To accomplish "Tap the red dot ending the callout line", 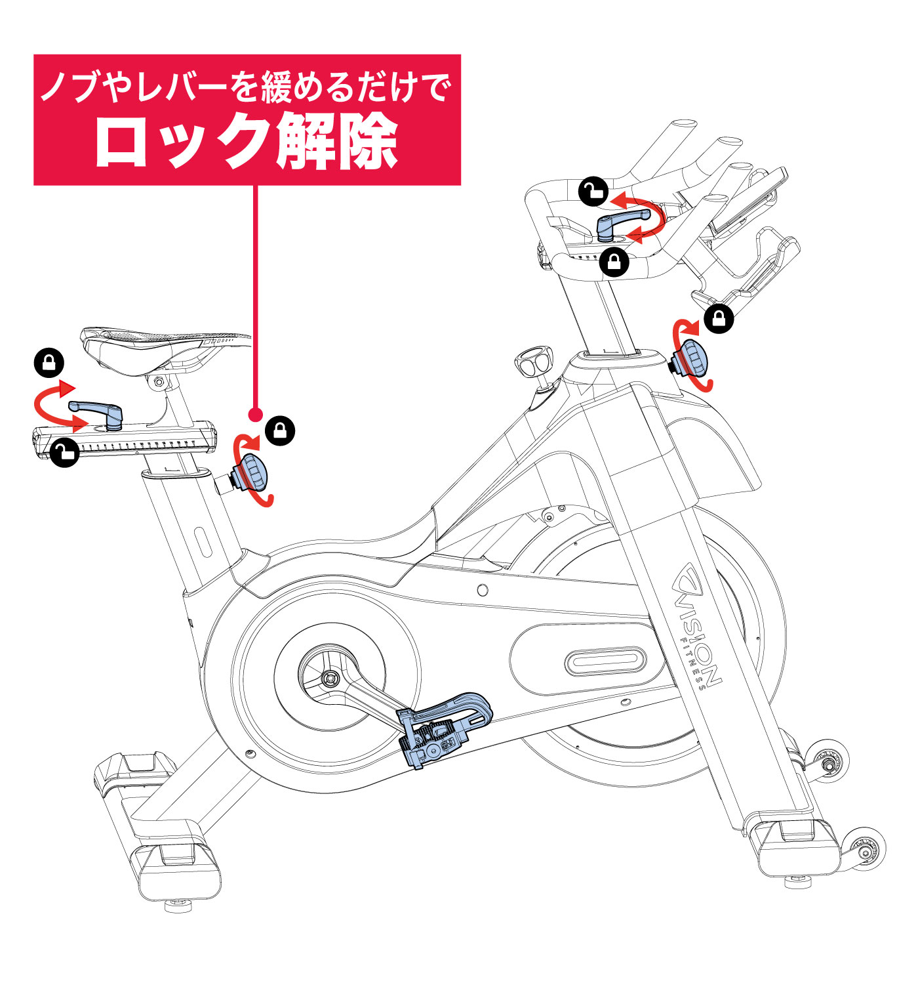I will (x=256, y=415).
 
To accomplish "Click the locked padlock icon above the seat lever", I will (x=49, y=363).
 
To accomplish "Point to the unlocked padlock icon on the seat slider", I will (x=64, y=451).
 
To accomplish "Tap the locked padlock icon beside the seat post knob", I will (x=280, y=431).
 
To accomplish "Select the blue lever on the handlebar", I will (x=620, y=221).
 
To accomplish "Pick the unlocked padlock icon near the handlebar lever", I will (x=593, y=192).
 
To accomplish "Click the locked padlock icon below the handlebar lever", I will (x=614, y=262).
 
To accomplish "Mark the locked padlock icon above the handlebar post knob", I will (x=719, y=319).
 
